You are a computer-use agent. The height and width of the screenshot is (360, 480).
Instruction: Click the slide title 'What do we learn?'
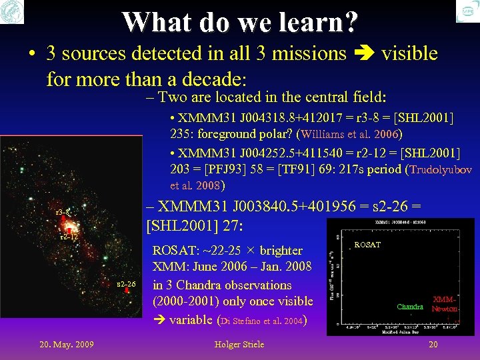click(239, 21)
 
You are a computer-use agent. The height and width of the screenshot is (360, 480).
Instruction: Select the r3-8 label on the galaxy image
click(62, 212)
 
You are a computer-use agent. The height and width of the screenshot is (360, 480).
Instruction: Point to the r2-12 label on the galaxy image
click(69, 237)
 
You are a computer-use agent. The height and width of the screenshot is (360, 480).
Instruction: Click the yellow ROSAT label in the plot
click(367, 245)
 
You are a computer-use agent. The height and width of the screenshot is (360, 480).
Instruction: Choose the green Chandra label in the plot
click(410, 307)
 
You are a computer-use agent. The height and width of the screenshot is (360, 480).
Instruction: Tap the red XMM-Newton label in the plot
click(444, 305)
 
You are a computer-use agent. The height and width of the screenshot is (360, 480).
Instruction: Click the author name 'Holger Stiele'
click(239, 344)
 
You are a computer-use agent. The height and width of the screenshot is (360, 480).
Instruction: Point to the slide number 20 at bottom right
click(433, 344)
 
